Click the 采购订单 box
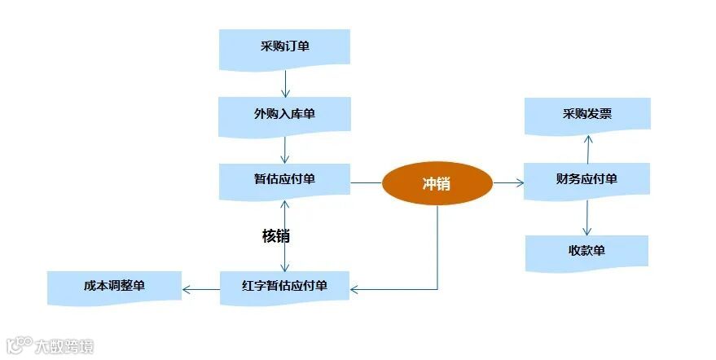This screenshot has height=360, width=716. coord(284,47)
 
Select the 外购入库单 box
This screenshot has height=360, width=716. coord(284,115)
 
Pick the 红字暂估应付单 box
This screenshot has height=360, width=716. coord(284,287)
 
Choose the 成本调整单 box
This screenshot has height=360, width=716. coord(114,287)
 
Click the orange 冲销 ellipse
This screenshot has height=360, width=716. coord(437,183)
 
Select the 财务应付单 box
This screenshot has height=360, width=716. coord(586,180)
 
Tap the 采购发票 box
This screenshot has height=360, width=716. coord(586,115)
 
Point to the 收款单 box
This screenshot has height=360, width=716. coord(586,251)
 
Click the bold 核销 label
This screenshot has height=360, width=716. coord(275,236)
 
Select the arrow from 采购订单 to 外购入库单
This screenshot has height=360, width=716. coord(285,82)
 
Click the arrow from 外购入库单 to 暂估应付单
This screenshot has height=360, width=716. coord(285,149)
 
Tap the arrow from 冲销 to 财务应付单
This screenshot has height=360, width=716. coord(508,183)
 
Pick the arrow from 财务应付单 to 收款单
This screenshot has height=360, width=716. coord(586,217)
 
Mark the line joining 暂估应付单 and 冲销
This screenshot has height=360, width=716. coord(366,182)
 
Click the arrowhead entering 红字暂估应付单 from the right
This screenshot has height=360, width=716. coord(356,289)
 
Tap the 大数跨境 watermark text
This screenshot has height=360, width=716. coord(64,347)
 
